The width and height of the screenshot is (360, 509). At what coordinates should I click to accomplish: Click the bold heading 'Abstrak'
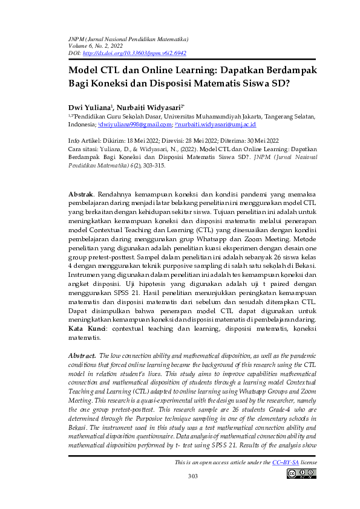(81, 194)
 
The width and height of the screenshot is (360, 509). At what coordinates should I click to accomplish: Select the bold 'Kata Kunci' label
(87, 328)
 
